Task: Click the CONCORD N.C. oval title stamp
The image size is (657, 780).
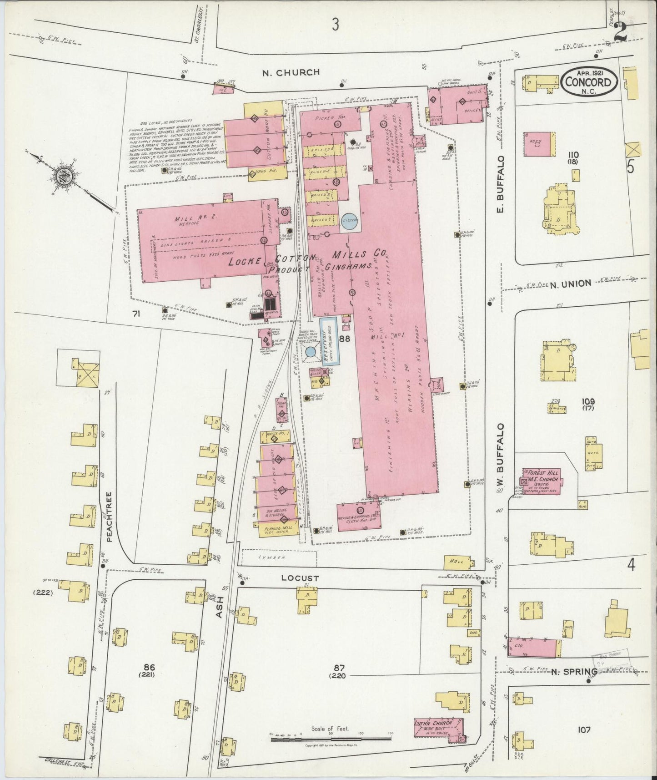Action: [589, 82]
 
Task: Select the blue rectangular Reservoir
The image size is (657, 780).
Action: [328, 340]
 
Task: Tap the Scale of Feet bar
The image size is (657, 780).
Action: [331, 739]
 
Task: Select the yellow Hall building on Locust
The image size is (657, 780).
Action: [457, 562]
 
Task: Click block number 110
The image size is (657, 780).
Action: [573, 155]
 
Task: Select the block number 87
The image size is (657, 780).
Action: [339, 668]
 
